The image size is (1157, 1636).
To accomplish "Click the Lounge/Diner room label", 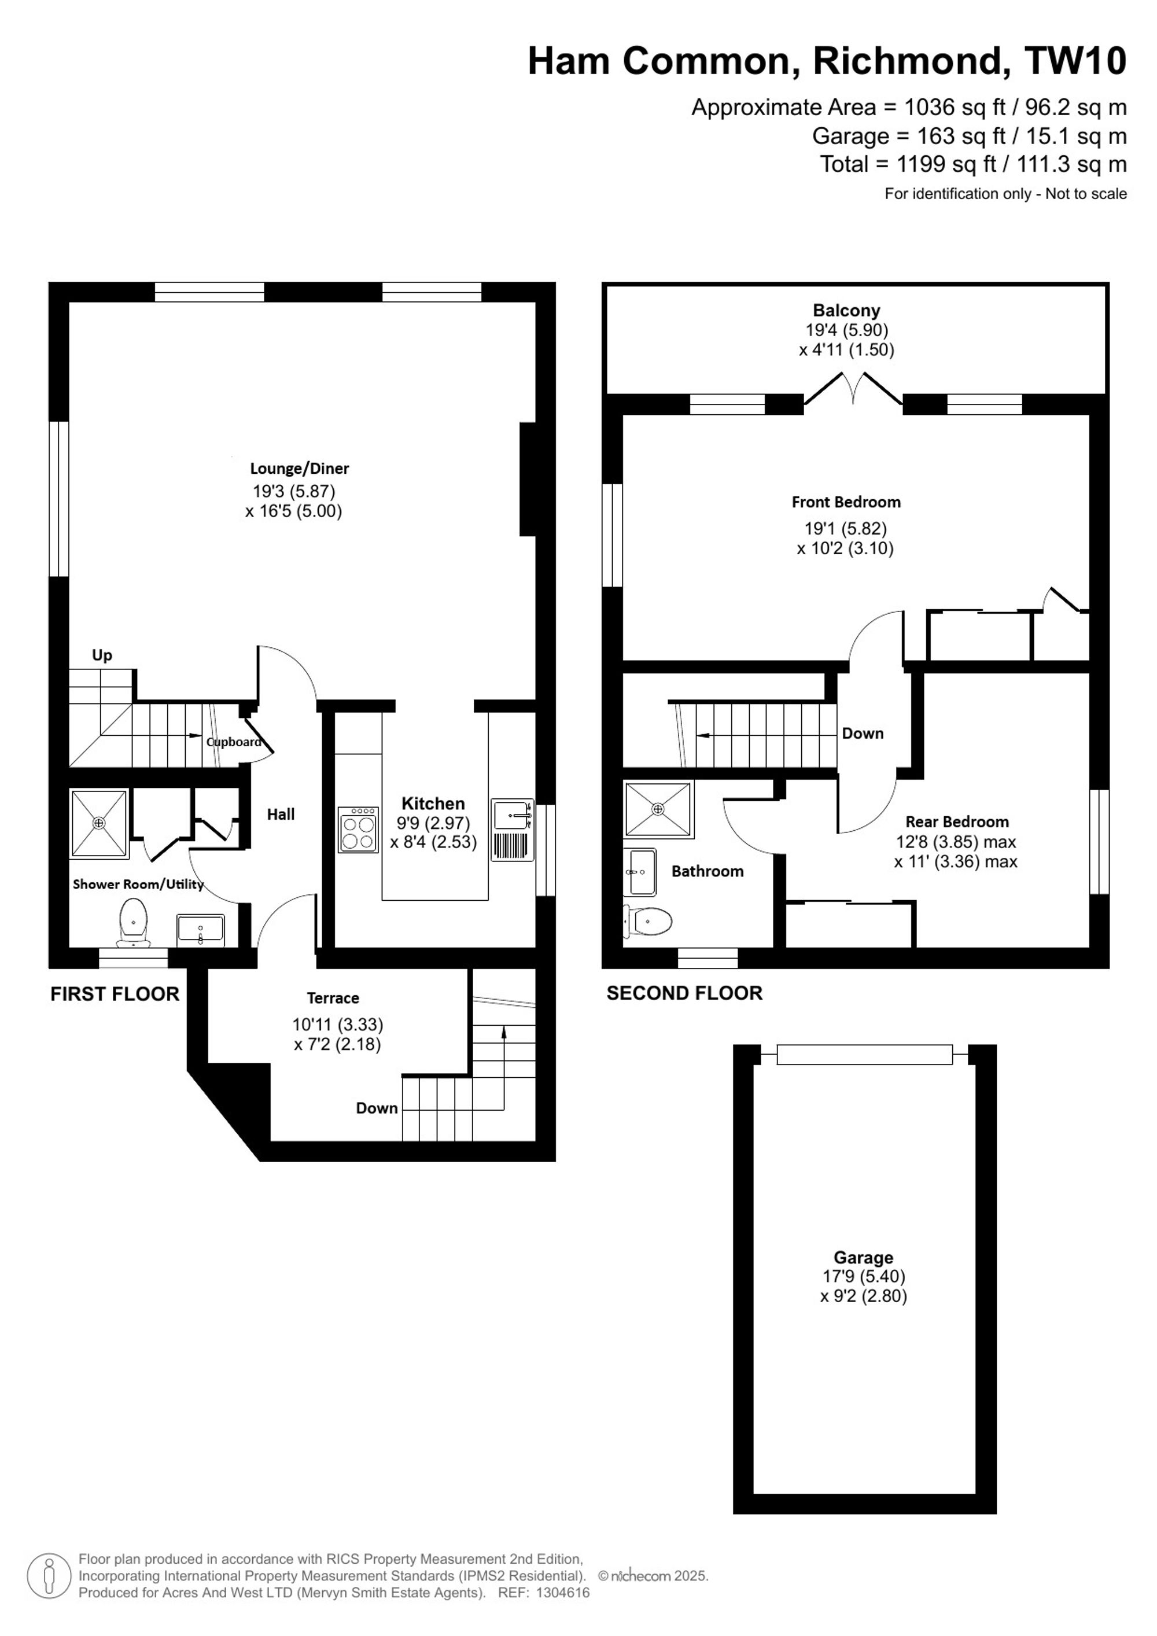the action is [299, 468].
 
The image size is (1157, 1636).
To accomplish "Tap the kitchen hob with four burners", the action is [358, 830].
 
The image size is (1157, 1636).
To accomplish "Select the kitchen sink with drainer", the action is [512, 830].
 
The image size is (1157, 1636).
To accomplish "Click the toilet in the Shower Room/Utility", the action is [133, 922].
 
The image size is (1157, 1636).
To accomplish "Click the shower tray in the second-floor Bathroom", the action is [658, 809].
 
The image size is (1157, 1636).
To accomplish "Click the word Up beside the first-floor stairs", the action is [102, 655].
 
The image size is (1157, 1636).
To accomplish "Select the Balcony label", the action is [846, 310].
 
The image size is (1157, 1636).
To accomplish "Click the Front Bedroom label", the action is [846, 502].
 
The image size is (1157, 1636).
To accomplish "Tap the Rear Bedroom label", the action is [957, 821].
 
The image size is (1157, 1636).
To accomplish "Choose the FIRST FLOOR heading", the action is [115, 994].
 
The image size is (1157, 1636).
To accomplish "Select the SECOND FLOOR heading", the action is [684, 993].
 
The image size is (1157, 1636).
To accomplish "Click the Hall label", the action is [281, 815].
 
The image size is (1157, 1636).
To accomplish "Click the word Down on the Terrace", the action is [377, 1108].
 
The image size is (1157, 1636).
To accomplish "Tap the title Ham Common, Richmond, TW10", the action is [827, 61].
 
